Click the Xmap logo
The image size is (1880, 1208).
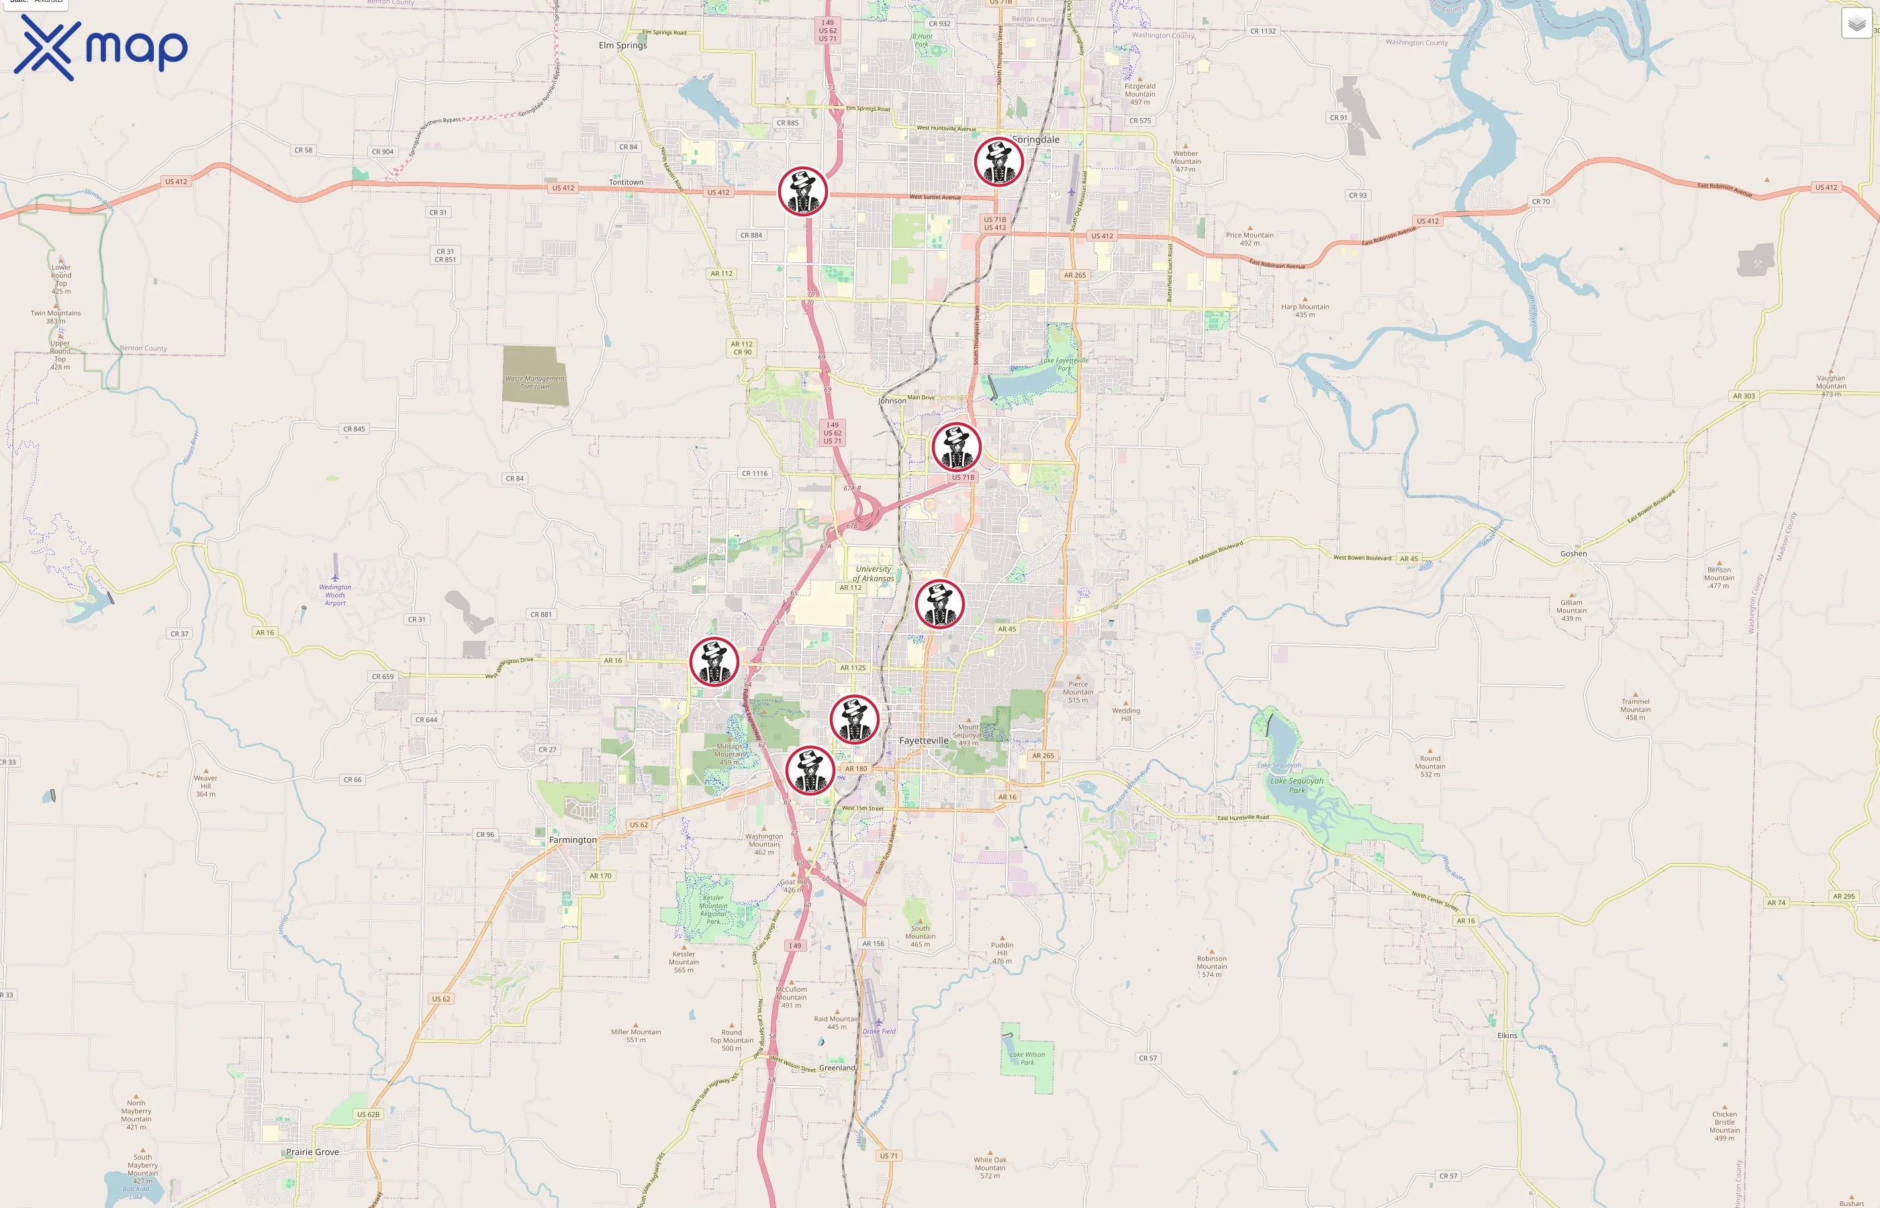101,48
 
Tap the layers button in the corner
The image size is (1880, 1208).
1856,24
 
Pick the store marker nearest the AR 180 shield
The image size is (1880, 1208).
810,770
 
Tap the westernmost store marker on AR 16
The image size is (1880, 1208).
714,661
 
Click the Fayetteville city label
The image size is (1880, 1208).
923,740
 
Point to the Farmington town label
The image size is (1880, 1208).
572,840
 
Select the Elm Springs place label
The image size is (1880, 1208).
622,46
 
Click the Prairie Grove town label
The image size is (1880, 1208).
312,1152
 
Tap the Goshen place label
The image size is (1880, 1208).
1572,554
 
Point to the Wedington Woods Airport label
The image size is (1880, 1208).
335,595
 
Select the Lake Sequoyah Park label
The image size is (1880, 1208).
1297,785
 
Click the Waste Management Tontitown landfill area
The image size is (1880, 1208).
535,377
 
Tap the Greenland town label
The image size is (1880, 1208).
837,1068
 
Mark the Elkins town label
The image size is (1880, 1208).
1507,1036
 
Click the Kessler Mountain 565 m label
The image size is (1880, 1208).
684,962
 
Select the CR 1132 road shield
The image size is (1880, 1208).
1262,32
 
